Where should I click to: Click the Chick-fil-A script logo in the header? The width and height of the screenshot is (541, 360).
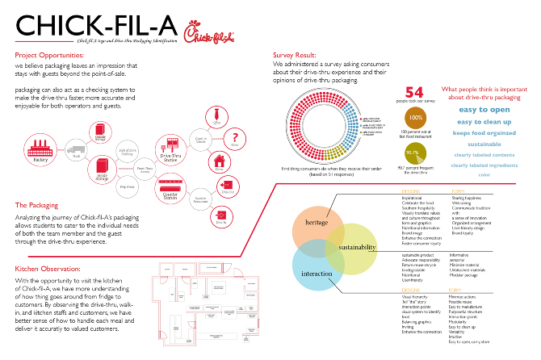[x=200, y=33]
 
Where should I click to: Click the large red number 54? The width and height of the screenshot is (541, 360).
[x=414, y=94]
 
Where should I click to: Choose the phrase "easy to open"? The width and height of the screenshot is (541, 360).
[x=484, y=109]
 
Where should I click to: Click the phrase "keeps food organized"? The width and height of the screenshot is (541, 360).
[x=483, y=131]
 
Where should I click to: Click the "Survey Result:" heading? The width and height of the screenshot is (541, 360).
[x=297, y=55]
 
